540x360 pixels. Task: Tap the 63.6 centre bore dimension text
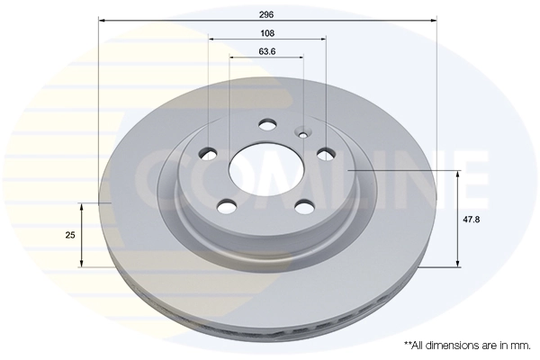[x=266, y=51]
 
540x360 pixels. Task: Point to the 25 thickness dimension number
[x=69, y=235]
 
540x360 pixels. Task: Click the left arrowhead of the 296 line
[x=102, y=18]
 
